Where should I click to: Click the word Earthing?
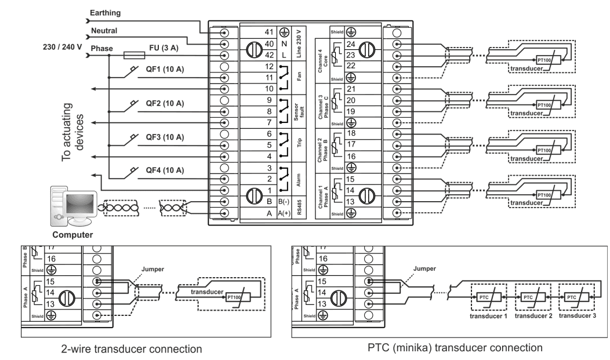105,12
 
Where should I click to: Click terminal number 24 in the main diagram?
350,44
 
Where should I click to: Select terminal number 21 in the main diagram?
350,89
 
